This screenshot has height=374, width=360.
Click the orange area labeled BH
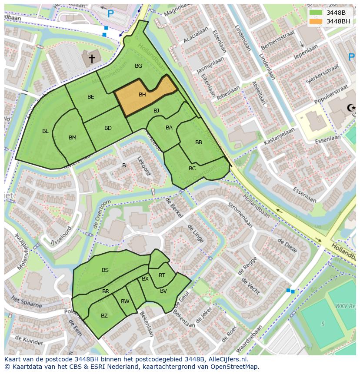(143, 95)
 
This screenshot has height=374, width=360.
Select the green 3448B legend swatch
(316, 12)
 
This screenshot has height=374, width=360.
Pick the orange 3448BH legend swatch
(316, 21)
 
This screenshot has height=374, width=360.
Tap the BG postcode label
(138, 66)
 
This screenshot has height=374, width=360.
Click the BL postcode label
(45, 131)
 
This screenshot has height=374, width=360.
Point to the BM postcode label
(73, 138)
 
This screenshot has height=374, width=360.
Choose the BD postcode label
(108, 128)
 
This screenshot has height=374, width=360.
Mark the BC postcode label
(192, 168)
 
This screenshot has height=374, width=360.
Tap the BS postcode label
(105, 270)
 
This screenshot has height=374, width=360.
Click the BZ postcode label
(104, 316)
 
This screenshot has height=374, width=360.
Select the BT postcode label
(162, 275)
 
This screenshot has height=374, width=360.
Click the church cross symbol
(92, 58)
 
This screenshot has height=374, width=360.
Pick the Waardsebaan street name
(248, 339)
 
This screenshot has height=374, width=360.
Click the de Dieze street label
(287, 246)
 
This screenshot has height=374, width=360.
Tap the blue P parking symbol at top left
(110, 14)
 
